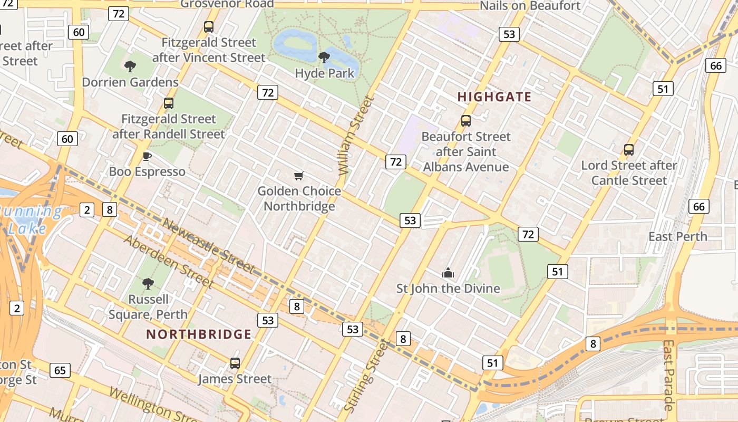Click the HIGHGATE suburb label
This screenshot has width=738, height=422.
(x=494, y=97)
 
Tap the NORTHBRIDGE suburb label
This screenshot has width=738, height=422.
(x=199, y=334)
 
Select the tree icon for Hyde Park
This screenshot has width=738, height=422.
(x=324, y=57)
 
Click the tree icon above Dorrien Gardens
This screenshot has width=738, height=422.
(x=130, y=66)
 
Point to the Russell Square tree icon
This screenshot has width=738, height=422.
(x=148, y=283)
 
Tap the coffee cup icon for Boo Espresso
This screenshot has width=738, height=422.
(x=147, y=156)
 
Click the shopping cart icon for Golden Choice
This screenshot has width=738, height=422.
(x=299, y=176)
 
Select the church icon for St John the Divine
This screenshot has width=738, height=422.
(x=448, y=273)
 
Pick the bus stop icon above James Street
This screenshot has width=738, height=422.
(x=235, y=363)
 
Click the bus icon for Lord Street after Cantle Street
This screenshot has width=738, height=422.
(x=629, y=149)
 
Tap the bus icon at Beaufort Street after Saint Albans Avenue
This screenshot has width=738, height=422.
(x=466, y=120)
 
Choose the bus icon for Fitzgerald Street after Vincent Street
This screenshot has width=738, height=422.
(x=209, y=26)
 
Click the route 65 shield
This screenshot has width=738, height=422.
(x=60, y=370)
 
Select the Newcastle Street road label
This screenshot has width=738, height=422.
(x=209, y=246)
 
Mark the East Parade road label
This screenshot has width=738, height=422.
(x=668, y=375)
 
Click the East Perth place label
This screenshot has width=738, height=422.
(x=677, y=236)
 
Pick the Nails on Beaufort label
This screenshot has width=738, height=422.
(x=530, y=6)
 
